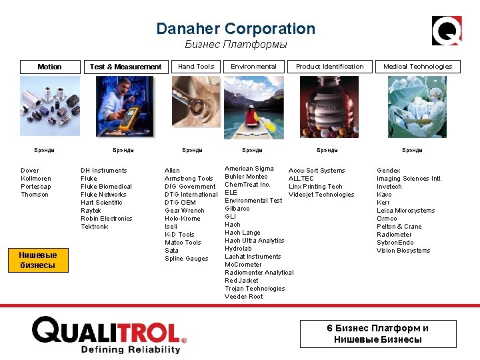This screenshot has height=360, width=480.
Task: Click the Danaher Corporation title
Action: pos(235,29)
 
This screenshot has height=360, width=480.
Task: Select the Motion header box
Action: pos(49,67)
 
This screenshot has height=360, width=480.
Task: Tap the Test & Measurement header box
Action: pos(125,67)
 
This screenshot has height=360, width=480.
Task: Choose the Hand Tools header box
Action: pos(196,66)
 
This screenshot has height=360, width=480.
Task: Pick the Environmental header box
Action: pos(253,66)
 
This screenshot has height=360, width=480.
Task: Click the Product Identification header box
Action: pos(329,66)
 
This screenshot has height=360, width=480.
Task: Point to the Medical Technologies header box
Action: pos(417,66)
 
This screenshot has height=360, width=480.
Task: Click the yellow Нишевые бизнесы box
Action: pos(37,260)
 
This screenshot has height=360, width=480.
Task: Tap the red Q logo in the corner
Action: pos(447,31)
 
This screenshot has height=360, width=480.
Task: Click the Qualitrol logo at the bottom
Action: pos(109,334)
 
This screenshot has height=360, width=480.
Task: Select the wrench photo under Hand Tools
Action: pos(195,107)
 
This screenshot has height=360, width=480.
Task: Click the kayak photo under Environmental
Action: pos(253,107)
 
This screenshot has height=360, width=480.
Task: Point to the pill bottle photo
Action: pos(329,107)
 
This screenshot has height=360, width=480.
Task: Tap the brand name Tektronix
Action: pos(94,227)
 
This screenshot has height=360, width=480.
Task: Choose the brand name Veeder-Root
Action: pos(243,297)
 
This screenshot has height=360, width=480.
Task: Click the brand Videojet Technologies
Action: pos(321,195)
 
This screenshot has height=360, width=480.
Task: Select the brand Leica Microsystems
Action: pos(405,211)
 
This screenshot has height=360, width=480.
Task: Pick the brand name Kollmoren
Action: pos(35,179)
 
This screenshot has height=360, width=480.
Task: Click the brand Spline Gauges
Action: pos(186,259)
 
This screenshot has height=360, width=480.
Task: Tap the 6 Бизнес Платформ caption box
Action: pos(377,333)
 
